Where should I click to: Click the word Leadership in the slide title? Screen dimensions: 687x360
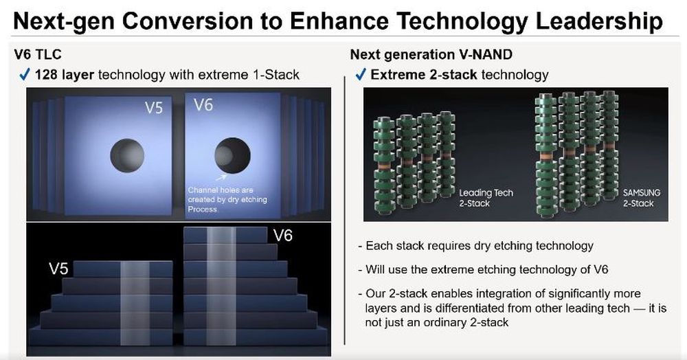click(599, 21)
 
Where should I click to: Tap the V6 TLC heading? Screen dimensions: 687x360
click(38, 54)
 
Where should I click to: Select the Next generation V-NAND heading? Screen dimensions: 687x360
click(431, 54)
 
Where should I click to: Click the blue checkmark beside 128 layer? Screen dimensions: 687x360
click(25, 75)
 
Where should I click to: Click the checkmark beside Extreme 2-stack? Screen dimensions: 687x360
click(360, 75)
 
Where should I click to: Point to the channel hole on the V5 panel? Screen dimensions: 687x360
click(127, 155)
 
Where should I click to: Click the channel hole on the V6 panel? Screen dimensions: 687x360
click(232, 155)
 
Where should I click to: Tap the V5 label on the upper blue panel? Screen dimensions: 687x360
click(154, 108)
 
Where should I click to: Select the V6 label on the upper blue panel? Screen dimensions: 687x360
click(203, 105)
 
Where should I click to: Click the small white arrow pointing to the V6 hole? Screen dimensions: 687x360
click(222, 177)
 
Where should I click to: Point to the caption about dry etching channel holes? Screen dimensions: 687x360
click(227, 200)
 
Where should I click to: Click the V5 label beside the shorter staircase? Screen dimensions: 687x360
click(58, 268)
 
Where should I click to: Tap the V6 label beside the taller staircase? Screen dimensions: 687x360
click(282, 236)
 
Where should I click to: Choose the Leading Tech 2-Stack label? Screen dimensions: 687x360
click(486, 198)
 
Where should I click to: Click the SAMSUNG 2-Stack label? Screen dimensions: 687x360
click(642, 198)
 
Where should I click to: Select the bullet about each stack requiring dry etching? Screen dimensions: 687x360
click(475, 246)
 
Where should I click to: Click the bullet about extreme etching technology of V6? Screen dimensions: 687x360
click(483, 269)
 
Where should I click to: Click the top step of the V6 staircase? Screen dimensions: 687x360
click(225, 235)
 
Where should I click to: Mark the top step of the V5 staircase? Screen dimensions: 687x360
click(123, 269)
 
